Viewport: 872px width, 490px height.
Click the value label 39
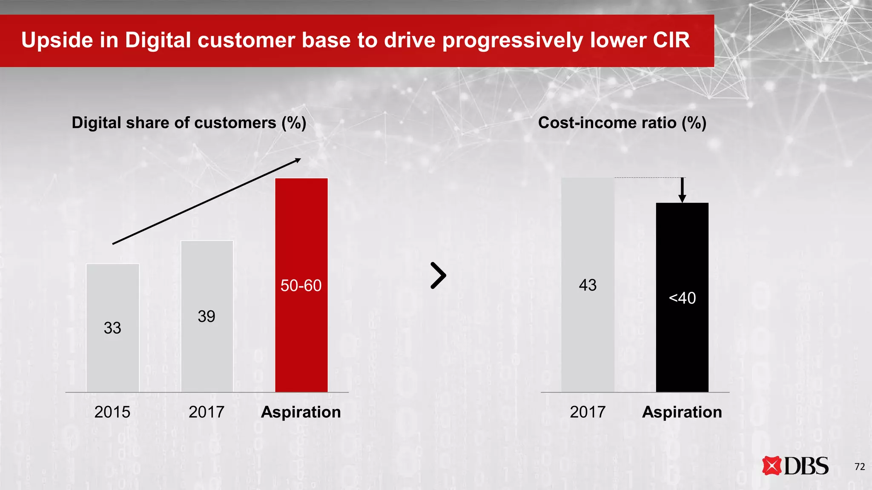tap(207, 316)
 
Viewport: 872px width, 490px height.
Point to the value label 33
tap(112, 328)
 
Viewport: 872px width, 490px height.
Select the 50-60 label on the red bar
tap(301, 285)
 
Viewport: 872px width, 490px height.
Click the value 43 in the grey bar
tap(588, 285)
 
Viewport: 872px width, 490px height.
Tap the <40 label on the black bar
tap(682, 298)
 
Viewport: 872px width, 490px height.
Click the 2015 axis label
tap(112, 412)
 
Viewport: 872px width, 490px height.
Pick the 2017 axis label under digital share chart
tap(207, 412)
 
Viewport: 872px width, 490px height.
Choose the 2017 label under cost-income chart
tap(588, 412)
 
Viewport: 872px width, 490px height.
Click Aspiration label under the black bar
tap(682, 412)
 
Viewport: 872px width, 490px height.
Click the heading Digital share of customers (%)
tap(189, 123)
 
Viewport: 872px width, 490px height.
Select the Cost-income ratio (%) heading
tap(622, 123)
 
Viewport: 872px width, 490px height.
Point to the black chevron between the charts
tap(439, 276)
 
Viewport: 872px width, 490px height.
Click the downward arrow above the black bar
tap(682, 190)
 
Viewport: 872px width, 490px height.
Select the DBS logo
tap(795, 466)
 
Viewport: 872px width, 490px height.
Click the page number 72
tap(860, 467)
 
